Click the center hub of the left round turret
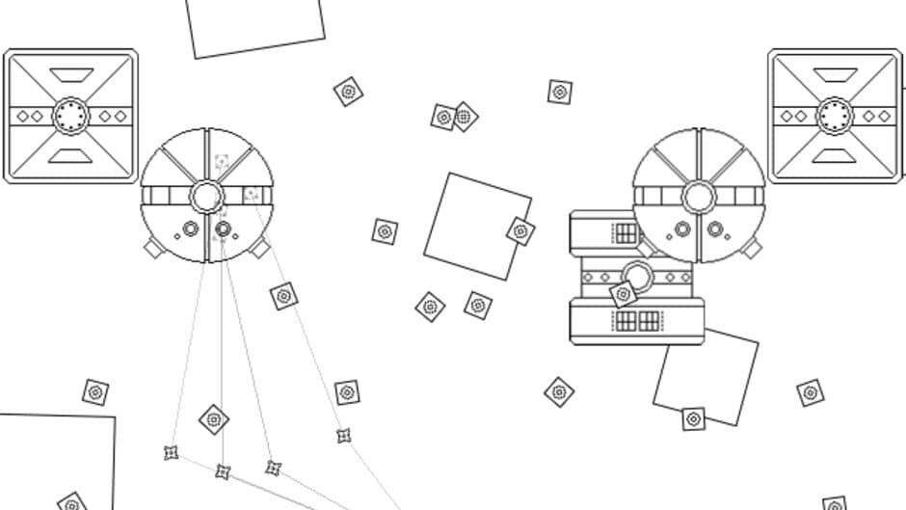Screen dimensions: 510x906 [206, 197]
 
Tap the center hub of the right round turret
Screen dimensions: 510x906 [699, 197]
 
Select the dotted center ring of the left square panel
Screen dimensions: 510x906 [70, 116]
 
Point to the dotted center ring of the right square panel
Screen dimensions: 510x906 [835, 116]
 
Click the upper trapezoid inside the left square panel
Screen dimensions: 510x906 [70, 74]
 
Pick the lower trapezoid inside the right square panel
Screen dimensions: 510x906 [835, 155]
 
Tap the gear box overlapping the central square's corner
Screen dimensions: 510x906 [520, 231]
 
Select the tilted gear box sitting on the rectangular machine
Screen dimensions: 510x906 [624, 294]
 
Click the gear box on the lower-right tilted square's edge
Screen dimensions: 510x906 [693, 419]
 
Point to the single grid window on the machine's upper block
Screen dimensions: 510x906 [626, 232]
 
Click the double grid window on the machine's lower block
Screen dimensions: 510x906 [637, 320]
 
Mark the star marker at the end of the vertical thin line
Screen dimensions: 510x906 [223, 471]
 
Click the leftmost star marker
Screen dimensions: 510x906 [172, 452]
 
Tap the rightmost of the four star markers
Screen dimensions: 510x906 [343, 436]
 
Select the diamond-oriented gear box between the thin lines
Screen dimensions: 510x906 [214, 419]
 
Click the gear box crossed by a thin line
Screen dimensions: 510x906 [283, 296]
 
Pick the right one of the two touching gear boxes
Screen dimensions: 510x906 [465, 117]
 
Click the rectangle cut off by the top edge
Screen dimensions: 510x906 [255, 24]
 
